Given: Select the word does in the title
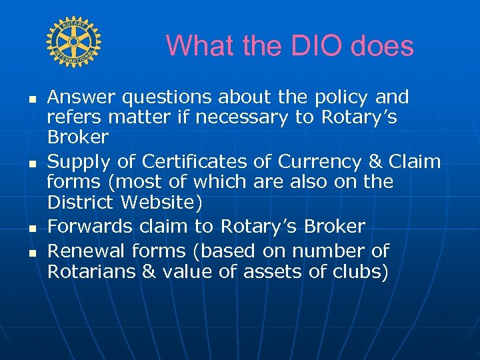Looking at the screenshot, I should point(384,46).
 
